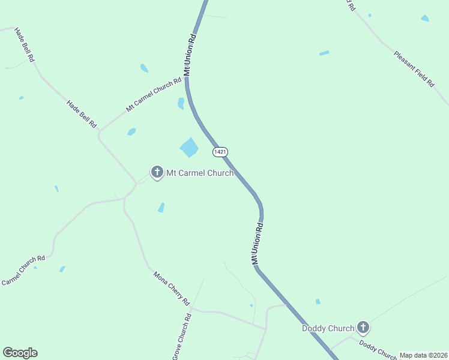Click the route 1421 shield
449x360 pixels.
220,152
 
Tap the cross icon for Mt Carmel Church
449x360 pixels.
157,173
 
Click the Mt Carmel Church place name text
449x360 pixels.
200,173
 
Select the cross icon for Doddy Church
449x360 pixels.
363,328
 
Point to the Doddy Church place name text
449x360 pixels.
328,328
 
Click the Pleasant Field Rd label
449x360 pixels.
414,69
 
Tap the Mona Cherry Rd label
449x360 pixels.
171,289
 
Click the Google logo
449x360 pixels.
20,353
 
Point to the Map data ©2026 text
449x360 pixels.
423,355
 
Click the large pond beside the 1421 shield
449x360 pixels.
189,147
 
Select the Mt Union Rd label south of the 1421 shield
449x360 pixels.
258,244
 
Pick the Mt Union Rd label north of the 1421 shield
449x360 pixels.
190,54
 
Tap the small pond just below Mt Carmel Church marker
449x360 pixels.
161,208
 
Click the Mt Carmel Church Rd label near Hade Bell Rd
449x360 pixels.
153,95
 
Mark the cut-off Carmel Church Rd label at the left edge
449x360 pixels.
23,271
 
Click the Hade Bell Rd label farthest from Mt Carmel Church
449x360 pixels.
25,45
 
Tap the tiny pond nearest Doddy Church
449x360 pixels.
318,301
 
